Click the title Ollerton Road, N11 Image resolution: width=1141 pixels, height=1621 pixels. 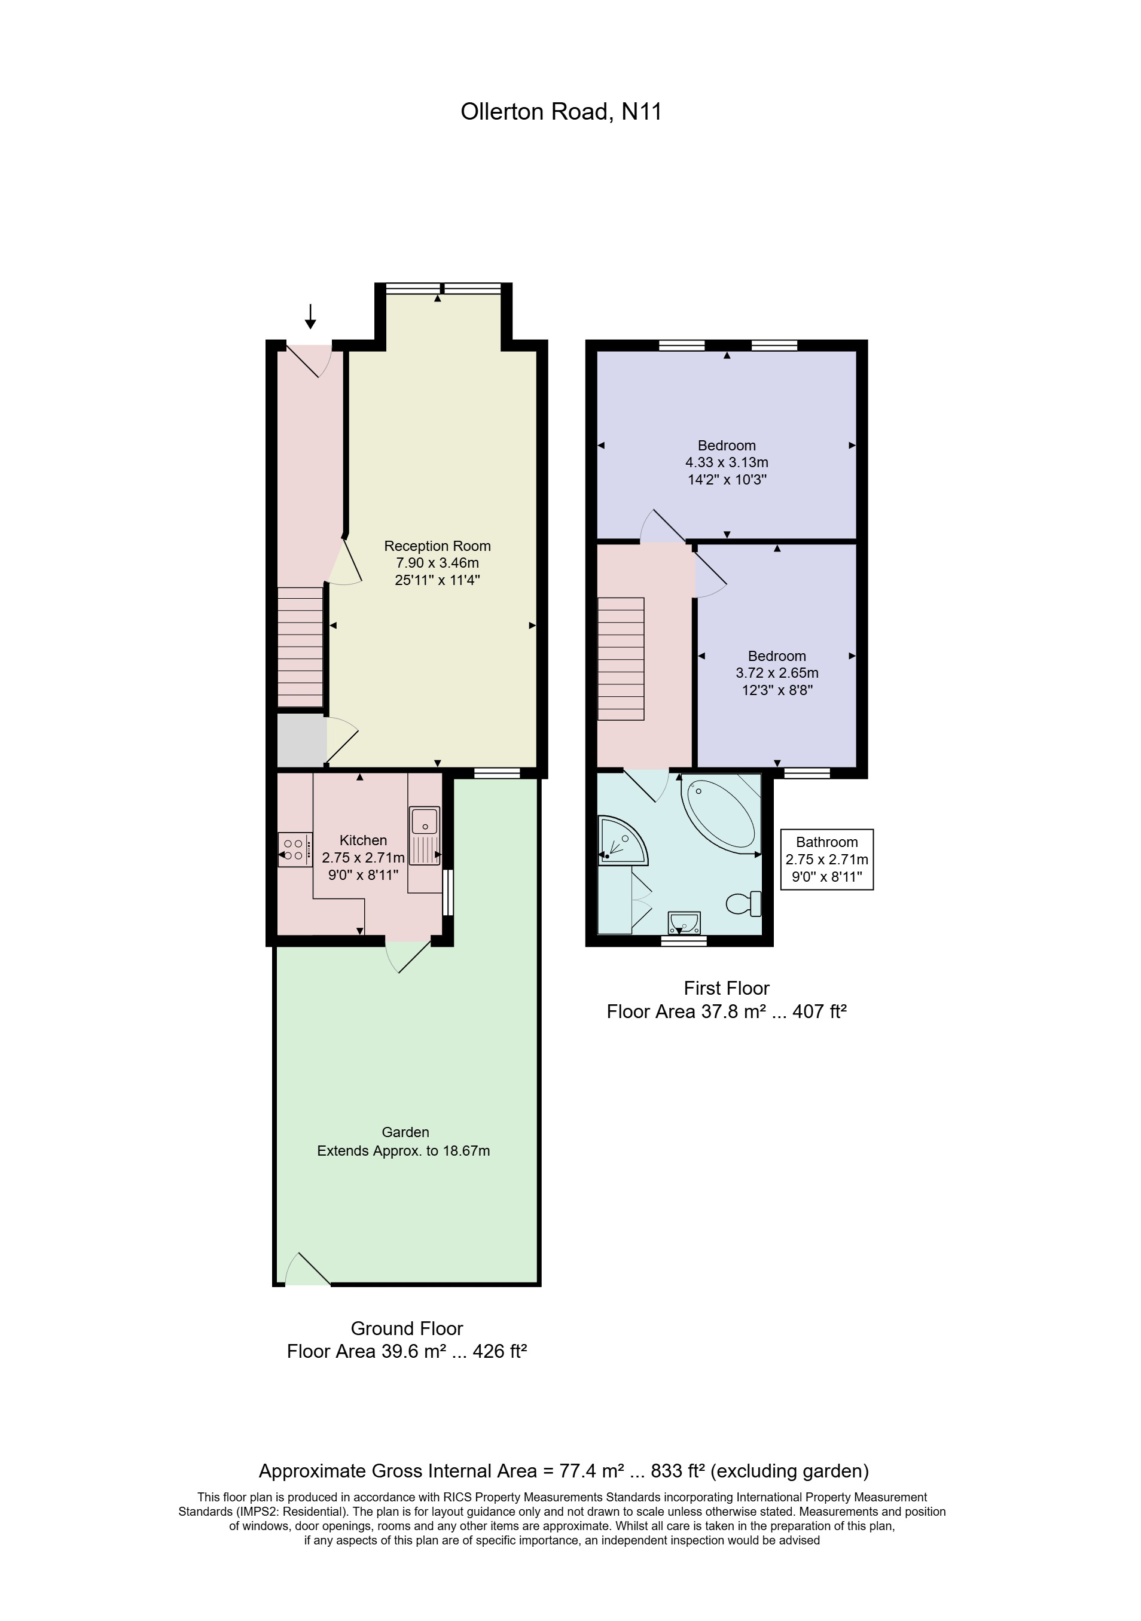(561, 111)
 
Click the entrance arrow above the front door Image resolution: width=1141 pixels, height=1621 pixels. (310, 316)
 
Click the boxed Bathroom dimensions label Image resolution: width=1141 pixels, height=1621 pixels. (826, 859)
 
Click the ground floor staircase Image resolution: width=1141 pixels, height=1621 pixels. (300, 647)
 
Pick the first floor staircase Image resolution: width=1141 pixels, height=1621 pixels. (621, 659)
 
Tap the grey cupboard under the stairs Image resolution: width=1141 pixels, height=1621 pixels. (301, 740)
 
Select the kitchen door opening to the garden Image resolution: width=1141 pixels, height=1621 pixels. (408, 955)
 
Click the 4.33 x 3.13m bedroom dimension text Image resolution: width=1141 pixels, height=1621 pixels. (726, 462)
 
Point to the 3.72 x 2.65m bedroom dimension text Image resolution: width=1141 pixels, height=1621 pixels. (776, 673)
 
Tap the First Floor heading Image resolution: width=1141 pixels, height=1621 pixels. (726, 988)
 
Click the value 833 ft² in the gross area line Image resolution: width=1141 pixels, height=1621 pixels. (678, 1471)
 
